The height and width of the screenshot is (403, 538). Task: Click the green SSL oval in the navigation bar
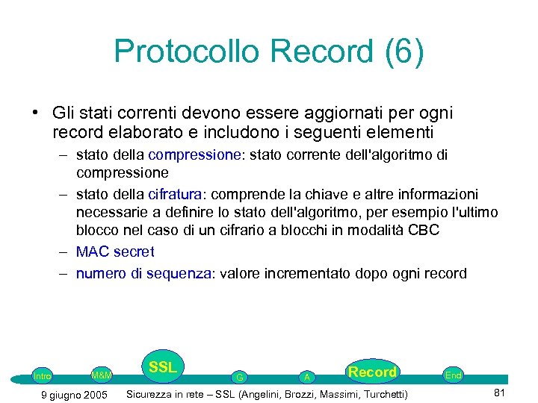click(x=162, y=367)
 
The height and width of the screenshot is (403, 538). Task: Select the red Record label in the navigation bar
click(x=372, y=372)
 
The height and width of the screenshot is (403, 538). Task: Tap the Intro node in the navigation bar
click(x=43, y=376)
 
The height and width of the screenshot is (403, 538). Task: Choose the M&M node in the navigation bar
click(x=101, y=375)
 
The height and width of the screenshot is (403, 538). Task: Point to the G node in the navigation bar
click(x=238, y=378)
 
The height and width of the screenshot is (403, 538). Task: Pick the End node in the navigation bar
click(x=453, y=375)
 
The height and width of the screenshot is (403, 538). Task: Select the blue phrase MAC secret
click(x=115, y=252)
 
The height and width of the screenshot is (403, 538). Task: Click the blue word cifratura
click(x=176, y=195)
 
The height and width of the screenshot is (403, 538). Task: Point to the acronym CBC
click(x=423, y=231)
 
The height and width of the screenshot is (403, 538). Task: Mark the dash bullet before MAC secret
click(x=65, y=252)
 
